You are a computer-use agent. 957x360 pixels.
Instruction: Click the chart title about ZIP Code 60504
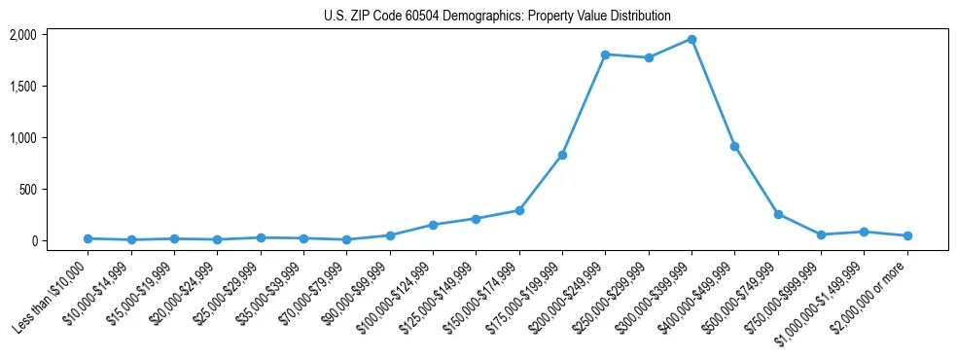coord(497,16)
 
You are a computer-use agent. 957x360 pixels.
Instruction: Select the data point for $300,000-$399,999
coord(691,39)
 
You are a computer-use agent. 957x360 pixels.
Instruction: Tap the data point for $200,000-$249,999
coord(605,54)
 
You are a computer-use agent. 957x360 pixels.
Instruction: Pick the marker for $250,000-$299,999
coord(649,57)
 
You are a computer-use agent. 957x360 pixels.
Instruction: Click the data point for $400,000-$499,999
coord(734,146)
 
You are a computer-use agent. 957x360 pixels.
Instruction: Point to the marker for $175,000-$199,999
coord(562,156)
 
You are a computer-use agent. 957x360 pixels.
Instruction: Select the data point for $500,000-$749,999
coord(778,214)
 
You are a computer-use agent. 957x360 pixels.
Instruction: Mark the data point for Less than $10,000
coord(88,238)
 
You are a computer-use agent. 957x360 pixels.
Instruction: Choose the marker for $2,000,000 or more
coord(907,235)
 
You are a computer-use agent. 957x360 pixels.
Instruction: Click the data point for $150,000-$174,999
coord(519,210)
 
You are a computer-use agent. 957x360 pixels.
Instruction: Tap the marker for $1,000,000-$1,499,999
coord(864,232)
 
